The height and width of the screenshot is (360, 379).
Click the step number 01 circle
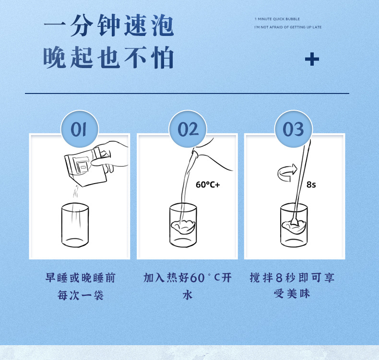pyautogui.click(x=80, y=129)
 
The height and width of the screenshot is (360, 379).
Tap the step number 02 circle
pyautogui.click(x=188, y=129)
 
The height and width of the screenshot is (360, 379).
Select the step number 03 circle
pyautogui.click(x=294, y=129)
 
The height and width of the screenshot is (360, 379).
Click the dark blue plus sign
pyautogui.click(x=312, y=59)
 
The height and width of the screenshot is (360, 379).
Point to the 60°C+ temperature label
pyautogui.click(x=208, y=185)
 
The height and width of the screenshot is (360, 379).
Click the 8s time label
pyautogui.click(x=311, y=185)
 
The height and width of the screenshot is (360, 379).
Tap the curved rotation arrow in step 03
pyautogui.click(x=287, y=173)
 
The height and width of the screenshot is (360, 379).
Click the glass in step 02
pyautogui.click(x=183, y=225)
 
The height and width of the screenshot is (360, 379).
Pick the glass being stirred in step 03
pyautogui.click(x=294, y=225)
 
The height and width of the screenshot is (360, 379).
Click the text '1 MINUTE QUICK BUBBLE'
pyautogui.click(x=277, y=19)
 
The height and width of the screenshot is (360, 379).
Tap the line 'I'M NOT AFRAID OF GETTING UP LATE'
pyautogui.click(x=288, y=27)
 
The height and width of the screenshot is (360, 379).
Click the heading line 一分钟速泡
pyautogui.click(x=109, y=25)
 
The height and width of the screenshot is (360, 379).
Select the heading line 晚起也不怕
pyautogui.click(x=108, y=58)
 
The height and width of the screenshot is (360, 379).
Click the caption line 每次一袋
pyautogui.click(x=81, y=295)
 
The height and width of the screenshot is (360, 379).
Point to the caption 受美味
pyautogui.click(x=292, y=294)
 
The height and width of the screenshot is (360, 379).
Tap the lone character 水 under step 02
pyautogui.click(x=188, y=295)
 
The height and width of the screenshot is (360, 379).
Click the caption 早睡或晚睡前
pyautogui.click(x=81, y=278)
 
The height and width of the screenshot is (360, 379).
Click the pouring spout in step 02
pyautogui.click(x=195, y=153)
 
